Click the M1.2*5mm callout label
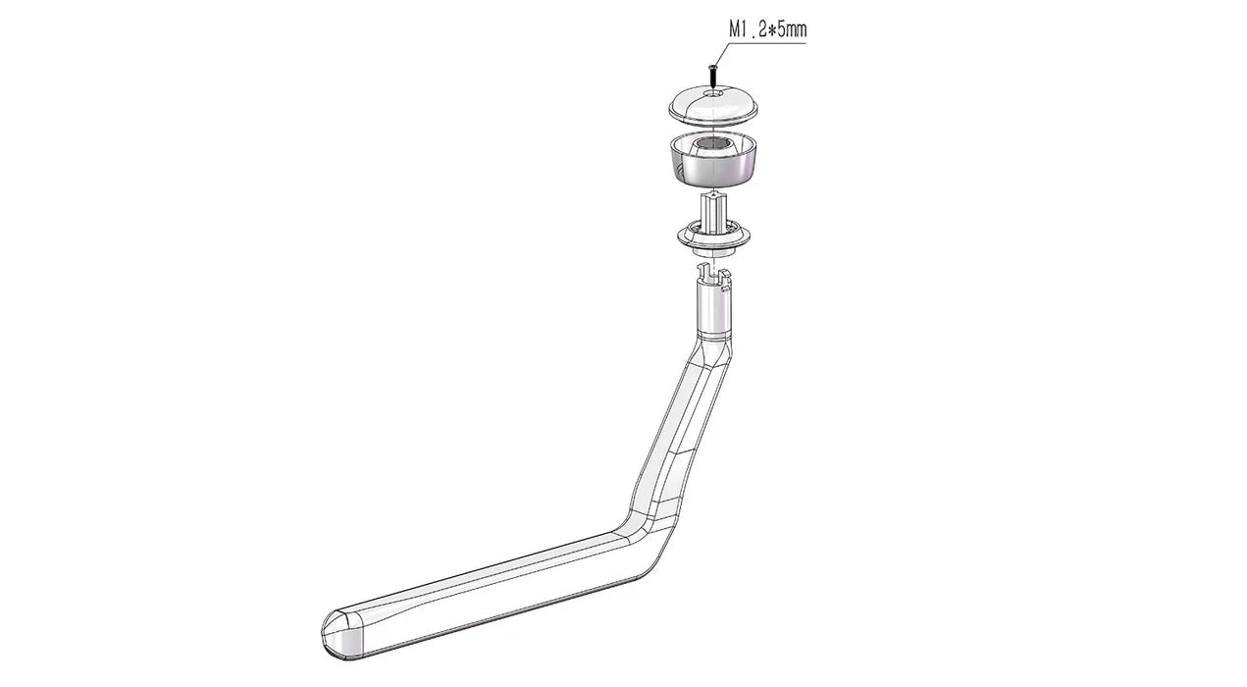767,29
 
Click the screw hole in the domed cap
712,94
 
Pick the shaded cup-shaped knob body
712,159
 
